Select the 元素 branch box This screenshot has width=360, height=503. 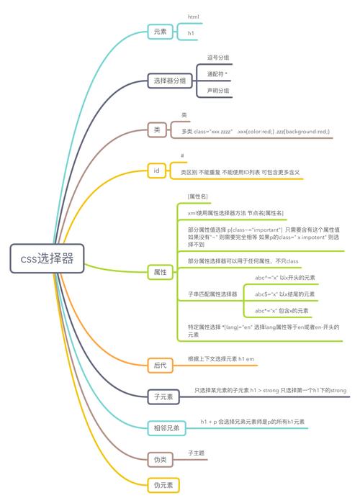(x=159, y=32)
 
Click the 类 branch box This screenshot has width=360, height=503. (x=157, y=130)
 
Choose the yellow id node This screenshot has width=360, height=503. (x=156, y=171)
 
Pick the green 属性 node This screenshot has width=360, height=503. (x=160, y=272)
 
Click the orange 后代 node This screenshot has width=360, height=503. (x=160, y=366)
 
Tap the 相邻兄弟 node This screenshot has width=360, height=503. (x=166, y=428)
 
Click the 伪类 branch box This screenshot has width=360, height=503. (x=160, y=458)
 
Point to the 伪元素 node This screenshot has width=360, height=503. (x=163, y=484)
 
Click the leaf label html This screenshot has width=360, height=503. (x=193, y=16)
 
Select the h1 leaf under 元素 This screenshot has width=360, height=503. (x=191, y=33)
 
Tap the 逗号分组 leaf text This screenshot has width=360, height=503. (x=217, y=58)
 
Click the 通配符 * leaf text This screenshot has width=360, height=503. (x=217, y=74)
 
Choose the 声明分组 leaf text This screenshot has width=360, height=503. (x=217, y=91)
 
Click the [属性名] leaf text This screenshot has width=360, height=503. (x=198, y=196)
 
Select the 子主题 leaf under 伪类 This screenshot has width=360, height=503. (x=196, y=453)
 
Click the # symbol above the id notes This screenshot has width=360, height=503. (x=183, y=156)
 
